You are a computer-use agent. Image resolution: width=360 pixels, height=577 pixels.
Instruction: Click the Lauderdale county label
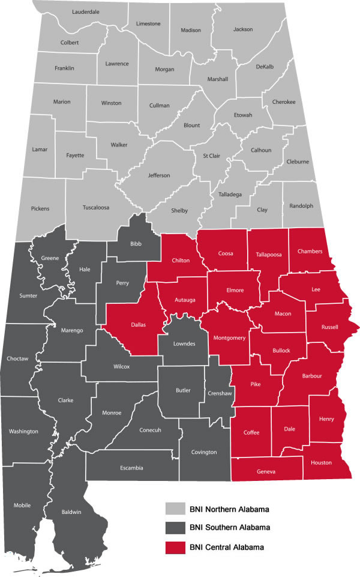coord(85,12)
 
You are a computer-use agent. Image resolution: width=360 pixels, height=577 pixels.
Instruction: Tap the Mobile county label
coord(22,505)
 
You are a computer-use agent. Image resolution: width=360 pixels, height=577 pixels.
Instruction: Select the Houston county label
coord(321,462)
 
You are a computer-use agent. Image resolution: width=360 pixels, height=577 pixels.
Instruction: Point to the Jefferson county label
coord(159,175)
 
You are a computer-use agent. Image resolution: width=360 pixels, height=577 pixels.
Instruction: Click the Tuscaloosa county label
coord(95,208)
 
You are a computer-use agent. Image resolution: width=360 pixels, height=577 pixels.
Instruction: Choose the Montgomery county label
coord(230,338)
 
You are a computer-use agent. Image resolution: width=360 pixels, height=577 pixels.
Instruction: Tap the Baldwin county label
coord(70,512)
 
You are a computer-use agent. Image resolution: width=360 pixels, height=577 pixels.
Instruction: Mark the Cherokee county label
coord(284,102)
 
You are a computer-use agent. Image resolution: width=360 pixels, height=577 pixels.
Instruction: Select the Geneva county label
coord(266,472)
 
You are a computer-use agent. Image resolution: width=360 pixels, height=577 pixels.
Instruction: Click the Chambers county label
coord(310,251)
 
